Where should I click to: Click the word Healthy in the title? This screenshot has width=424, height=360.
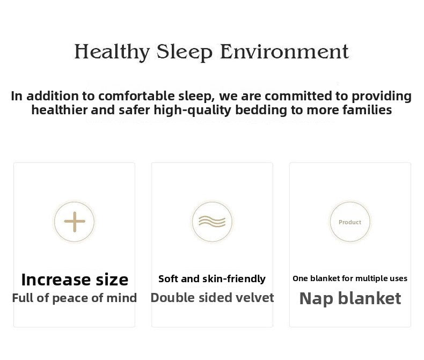click(112, 52)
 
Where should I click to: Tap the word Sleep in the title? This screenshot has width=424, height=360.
click(185, 52)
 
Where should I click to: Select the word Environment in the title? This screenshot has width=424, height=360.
click(284, 52)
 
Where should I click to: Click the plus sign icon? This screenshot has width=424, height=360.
click(75, 222)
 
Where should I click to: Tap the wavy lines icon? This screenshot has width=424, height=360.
click(212, 222)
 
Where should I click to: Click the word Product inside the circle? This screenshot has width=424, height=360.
click(350, 222)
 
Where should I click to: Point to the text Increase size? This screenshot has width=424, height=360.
click(75, 280)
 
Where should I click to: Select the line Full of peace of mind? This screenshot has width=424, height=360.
click(75, 298)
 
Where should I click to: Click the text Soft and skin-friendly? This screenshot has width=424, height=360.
click(212, 278)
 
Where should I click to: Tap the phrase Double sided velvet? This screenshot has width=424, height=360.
click(212, 298)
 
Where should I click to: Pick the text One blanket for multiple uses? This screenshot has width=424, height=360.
click(350, 278)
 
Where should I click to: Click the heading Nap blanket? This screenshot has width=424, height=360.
click(350, 298)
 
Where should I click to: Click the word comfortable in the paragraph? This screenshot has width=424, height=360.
click(136, 96)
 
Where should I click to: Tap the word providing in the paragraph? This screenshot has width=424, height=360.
click(382, 97)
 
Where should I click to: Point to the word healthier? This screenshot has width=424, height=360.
click(59, 110)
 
